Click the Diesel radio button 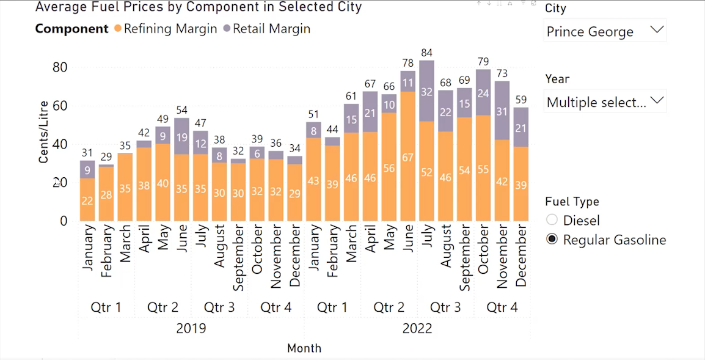click(552, 220)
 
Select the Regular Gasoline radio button click(552, 240)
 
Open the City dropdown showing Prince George click(605, 31)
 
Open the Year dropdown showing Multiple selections click(605, 102)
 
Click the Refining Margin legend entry click(165, 29)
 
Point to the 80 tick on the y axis click(59, 67)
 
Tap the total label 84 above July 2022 click(427, 53)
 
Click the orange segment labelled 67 click(408, 156)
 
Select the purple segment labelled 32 click(427, 92)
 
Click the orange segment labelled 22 click(87, 200)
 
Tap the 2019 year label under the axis click(191, 328)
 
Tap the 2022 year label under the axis click(417, 328)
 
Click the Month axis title click(304, 348)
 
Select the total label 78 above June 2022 click(408, 64)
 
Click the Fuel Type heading click(572, 201)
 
